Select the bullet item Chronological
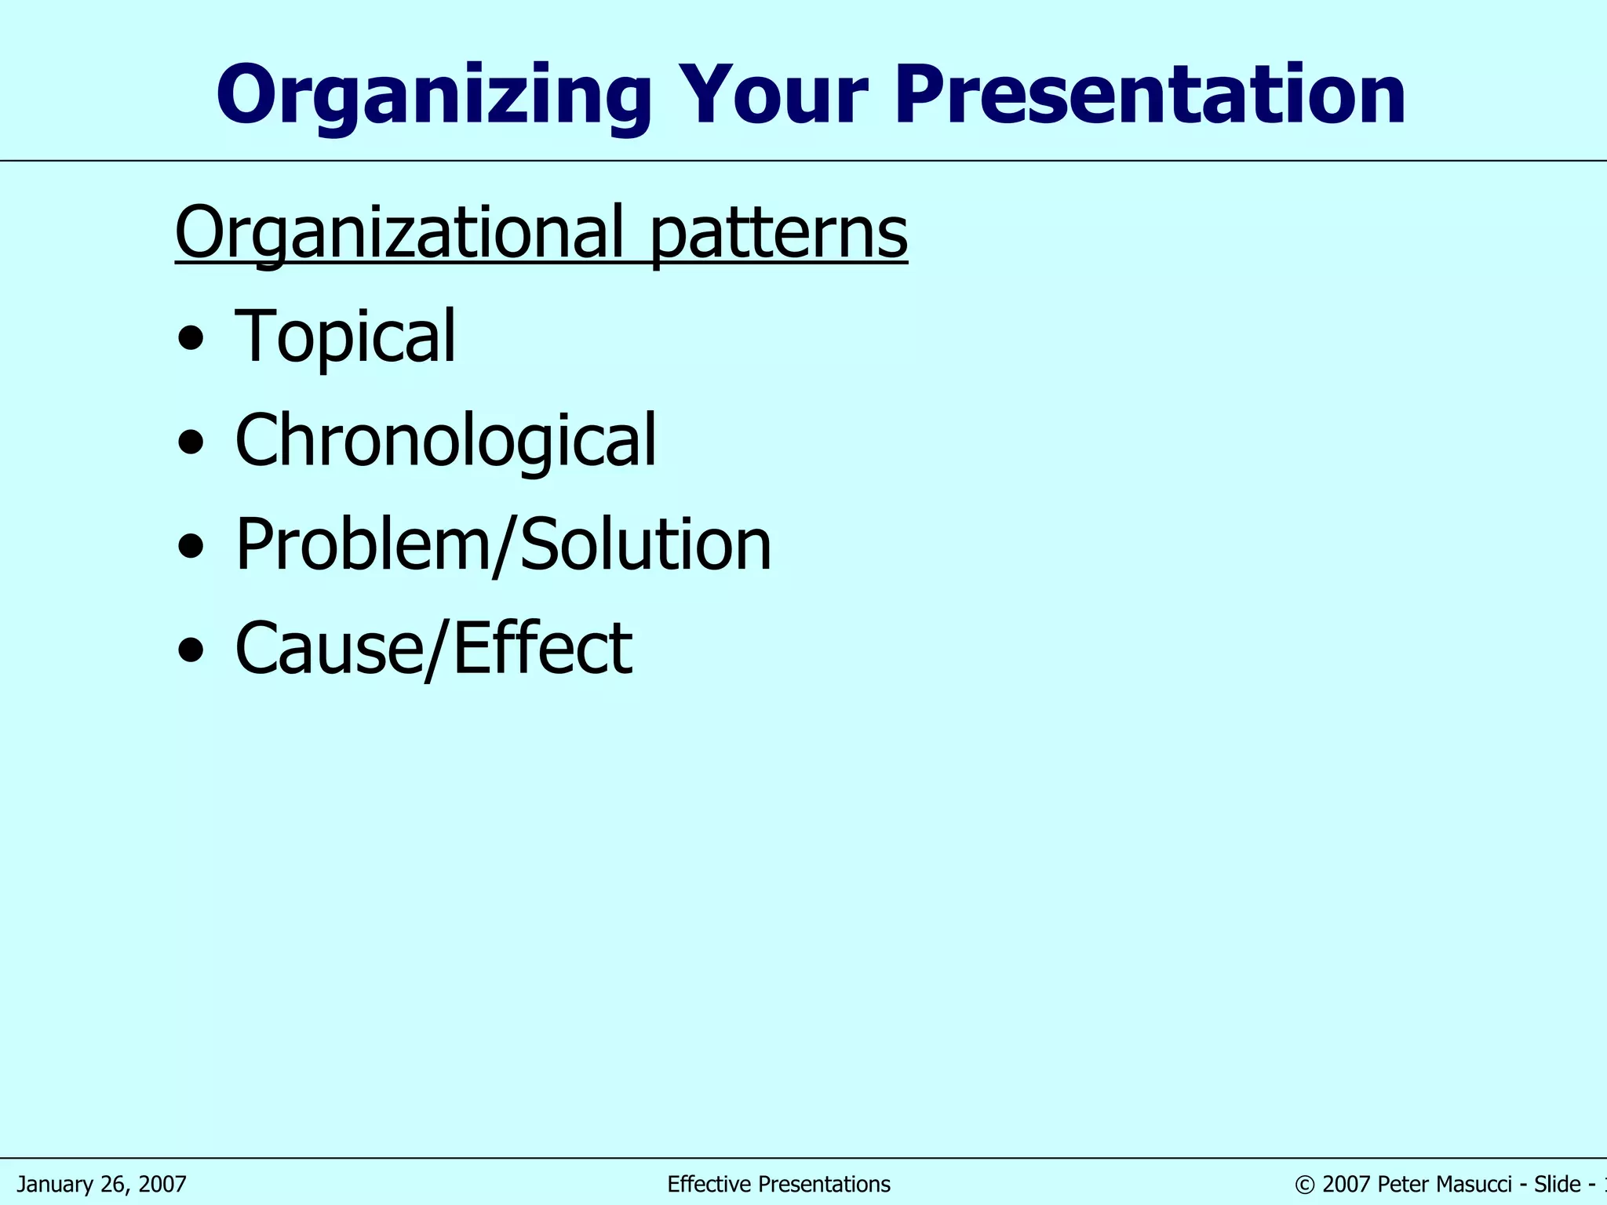(445, 440)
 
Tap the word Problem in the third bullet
(362, 544)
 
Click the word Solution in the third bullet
(645, 544)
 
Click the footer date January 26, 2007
(102, 1184)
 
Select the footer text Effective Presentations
(778, 1184)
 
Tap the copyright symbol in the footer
(1304, 1185)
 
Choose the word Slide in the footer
(1558, 1184)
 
